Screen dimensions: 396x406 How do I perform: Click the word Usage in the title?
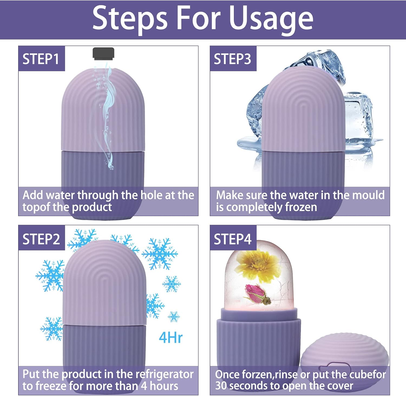(x=271, y=18)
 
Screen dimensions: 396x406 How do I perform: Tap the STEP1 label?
(x=41, y=59)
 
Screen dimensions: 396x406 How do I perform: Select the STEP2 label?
(x=41, y=239)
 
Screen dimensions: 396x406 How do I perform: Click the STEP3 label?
(x=233, y=59)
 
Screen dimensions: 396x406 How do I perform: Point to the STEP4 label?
(x=233, y=239)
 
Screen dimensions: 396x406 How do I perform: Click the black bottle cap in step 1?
(x=103, y=53)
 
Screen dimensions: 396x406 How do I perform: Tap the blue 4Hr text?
(x=171, y=338)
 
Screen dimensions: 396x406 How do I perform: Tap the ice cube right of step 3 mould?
(x=359, y=119)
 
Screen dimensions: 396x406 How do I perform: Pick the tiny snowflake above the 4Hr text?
(x=174, y=316)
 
